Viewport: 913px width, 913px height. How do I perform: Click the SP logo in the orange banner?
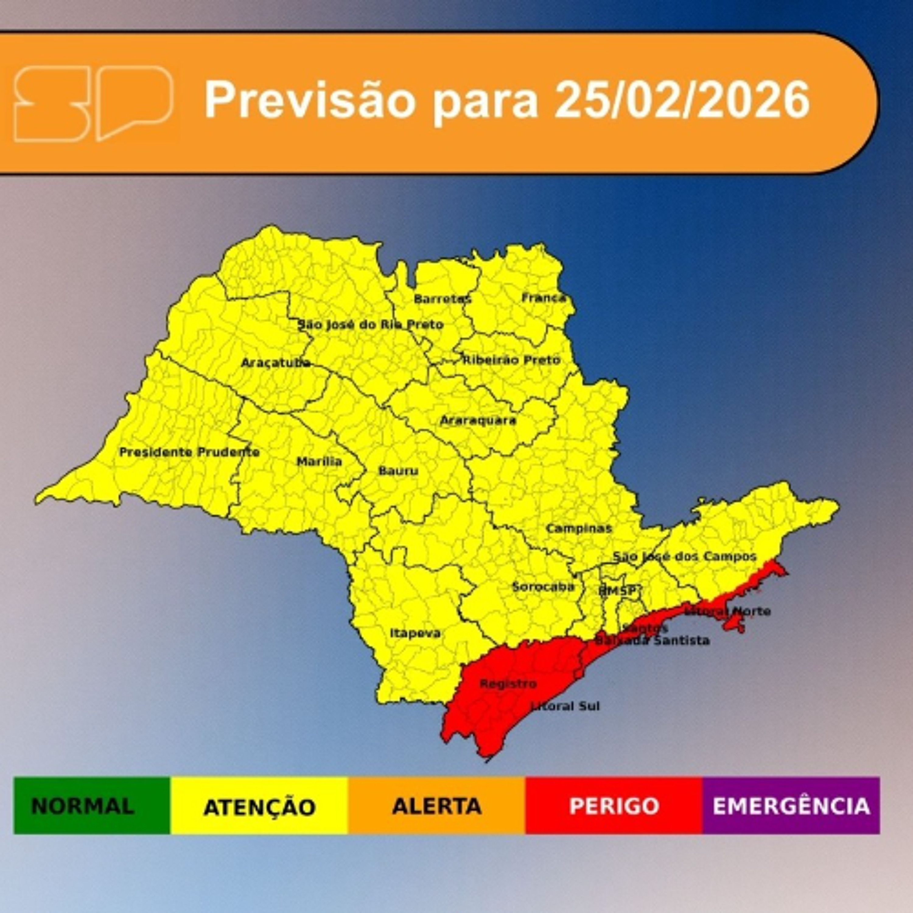pos(93,103)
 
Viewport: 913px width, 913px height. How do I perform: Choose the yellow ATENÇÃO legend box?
pos(259,806)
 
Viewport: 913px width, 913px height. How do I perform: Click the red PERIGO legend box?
pos(614,806)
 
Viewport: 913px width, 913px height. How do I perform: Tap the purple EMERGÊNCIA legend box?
pos(791,806)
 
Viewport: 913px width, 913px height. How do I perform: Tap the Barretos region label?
pos(442,299)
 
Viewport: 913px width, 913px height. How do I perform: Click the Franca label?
pos(544,298)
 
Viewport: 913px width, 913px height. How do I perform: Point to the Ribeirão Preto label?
pos(511,360)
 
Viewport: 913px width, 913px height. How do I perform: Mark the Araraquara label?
pos(478,420)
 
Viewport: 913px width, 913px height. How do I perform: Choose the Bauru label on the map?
pos(398,471)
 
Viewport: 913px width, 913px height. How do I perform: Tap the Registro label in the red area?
pos(508,684)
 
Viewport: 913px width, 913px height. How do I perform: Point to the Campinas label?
pos(579,528)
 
